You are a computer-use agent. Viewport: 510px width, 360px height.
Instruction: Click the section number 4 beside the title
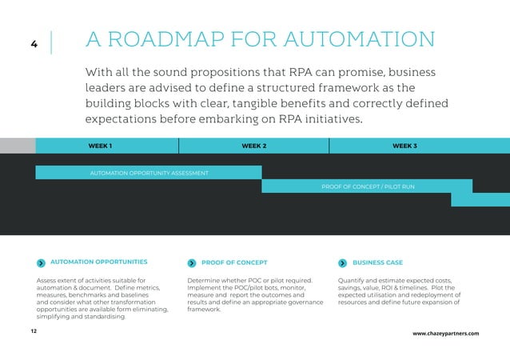[34, 44]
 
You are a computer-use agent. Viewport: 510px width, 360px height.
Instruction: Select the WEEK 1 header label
[100, 146]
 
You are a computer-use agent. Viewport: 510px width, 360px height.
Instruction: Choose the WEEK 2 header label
[253, 146]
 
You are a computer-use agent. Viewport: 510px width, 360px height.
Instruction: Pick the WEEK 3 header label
[404, 146]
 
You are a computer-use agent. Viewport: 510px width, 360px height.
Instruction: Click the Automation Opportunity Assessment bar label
[149, 173]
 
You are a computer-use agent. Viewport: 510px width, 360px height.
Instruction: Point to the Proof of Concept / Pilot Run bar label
[368, 186]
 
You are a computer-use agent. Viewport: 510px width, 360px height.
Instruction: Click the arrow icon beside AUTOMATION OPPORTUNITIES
[42, 262]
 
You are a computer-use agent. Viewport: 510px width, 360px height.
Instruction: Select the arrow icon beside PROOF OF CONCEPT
[192, 262]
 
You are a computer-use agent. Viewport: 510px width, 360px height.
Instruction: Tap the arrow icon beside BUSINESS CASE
[343, 262]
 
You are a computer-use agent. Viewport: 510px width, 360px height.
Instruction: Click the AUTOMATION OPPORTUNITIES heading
[98, 262]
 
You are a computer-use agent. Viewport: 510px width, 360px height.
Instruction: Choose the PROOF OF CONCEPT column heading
[234, 262]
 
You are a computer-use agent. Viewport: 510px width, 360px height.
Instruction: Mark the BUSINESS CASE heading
[377, 262]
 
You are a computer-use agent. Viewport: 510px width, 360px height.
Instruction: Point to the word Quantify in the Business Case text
[353, 281]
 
